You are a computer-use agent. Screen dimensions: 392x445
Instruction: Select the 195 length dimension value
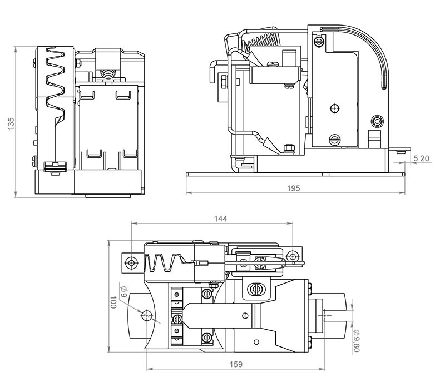(294, 188)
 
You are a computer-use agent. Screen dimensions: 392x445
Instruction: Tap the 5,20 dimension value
(422, 159)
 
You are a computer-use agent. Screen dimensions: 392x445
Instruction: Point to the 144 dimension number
(221, 219)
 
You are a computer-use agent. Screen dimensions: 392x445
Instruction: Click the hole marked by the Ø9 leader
(147, 316)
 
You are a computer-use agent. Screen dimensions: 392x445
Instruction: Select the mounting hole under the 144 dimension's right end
(292, 256)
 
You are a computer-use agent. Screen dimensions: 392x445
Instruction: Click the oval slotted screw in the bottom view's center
(256, 289)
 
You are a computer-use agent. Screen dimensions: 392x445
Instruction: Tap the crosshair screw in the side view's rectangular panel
(334, 108)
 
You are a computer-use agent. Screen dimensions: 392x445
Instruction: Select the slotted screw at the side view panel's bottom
(335, 139)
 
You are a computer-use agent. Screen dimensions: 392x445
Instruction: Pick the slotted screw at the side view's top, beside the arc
(318, 41)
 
